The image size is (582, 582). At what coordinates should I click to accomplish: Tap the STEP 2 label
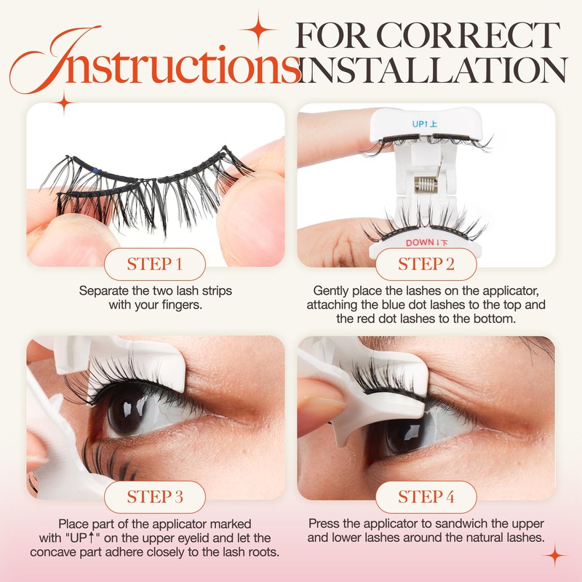[426, 263]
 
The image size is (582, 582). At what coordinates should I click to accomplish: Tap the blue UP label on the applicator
[422, 124]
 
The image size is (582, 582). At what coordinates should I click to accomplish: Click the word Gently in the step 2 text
[332, 290]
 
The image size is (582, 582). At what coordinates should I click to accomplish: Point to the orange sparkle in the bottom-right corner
[556, 557]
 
